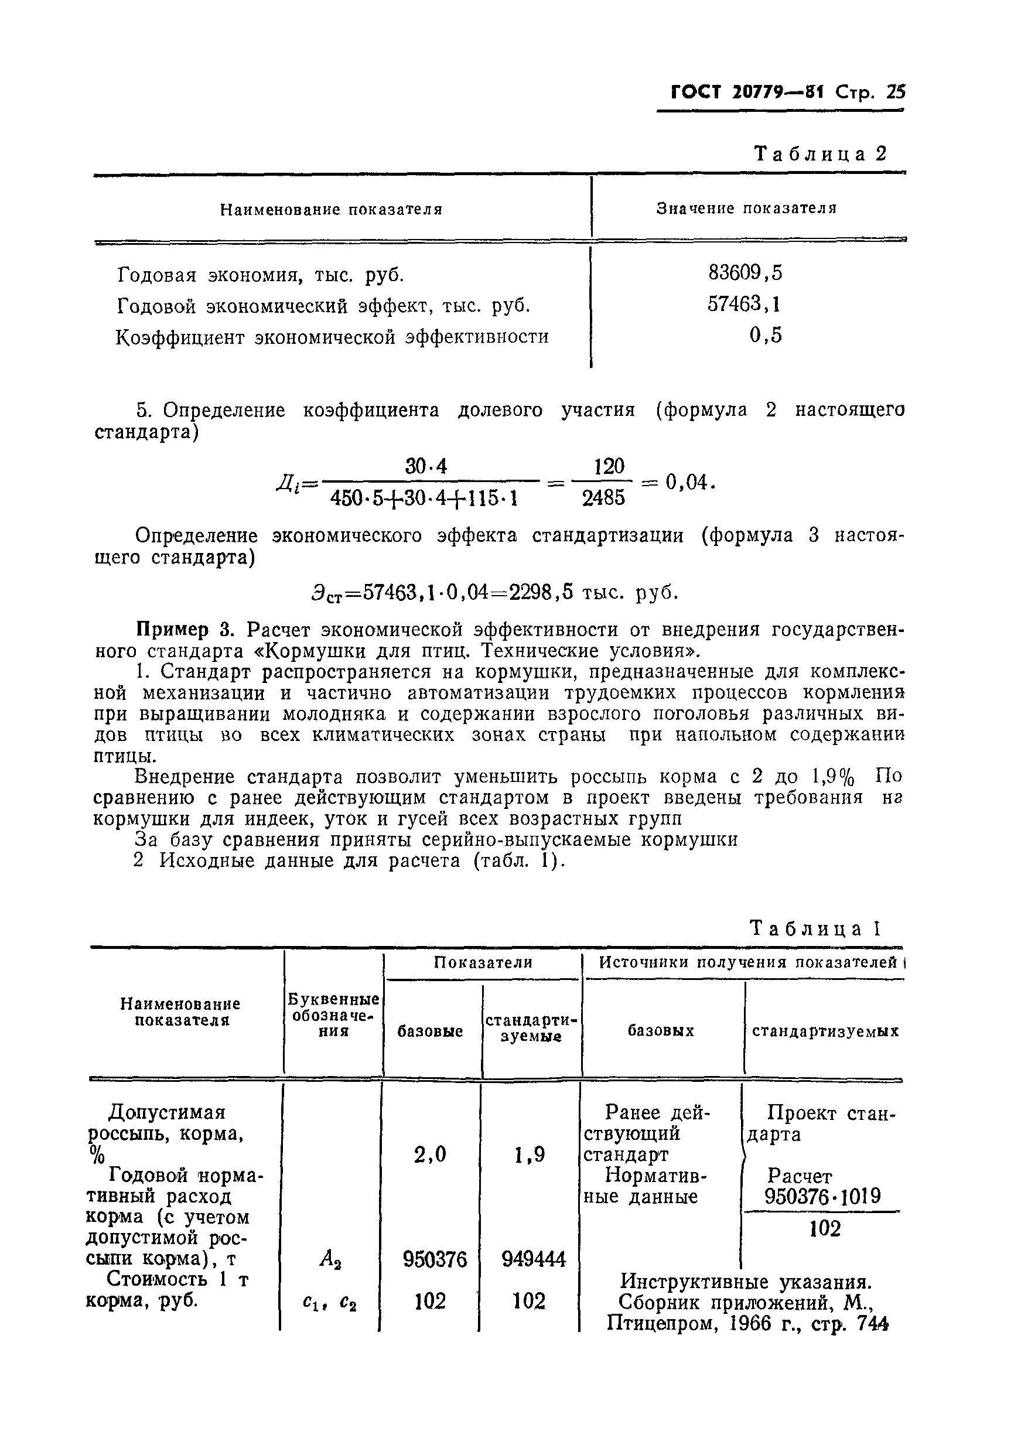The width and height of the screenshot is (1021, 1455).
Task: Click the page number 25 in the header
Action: [896, 93]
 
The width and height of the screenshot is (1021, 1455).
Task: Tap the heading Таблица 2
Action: [820, 153]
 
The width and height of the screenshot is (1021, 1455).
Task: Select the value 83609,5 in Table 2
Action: [745, 272]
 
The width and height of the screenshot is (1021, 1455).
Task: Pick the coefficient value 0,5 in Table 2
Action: [765, 334]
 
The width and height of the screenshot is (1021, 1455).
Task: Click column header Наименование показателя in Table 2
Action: [331, 209]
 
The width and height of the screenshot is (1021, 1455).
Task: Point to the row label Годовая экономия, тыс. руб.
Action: [261, 275]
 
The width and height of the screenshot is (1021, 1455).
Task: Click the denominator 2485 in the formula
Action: [603, 498]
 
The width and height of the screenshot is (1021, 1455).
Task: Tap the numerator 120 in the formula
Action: [609, 467]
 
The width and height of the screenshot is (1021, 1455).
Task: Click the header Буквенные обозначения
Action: [333, 1015]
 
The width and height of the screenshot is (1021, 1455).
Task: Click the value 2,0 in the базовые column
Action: [430, 1155]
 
